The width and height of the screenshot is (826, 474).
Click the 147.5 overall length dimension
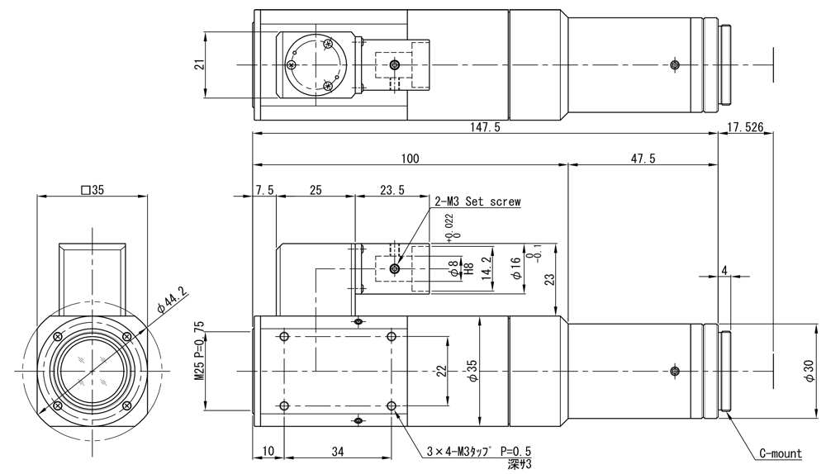(486, 127)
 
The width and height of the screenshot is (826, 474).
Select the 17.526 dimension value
(746, 127)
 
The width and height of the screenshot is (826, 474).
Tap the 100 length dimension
(411, 159)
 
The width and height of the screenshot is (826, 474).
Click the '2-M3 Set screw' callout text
(477, 201)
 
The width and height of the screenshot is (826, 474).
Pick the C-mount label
(781, 453)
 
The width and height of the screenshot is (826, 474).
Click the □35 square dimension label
(93, 190)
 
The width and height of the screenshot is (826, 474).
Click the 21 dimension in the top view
(199, 64)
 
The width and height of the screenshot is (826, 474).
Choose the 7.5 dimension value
(265, 190)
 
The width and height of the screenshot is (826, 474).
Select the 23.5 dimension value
(392, 190)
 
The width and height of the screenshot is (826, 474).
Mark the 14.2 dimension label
(487, 268)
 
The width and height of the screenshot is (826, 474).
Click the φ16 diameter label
(515, 269)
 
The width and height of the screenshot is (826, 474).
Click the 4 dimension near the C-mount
(724, 268)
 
